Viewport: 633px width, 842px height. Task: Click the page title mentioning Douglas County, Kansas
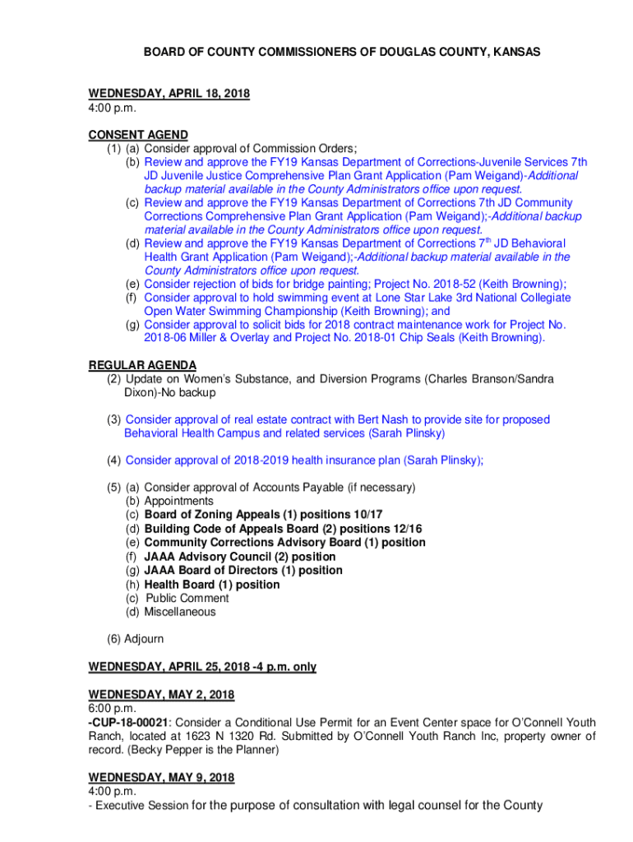pos(342,52)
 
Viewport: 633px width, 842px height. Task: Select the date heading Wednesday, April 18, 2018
pos(169,94)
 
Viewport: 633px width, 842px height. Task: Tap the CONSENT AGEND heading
pos(138,134)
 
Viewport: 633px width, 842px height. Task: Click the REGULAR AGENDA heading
pos(142,365)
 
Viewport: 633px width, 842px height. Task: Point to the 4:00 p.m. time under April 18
pos(112,108)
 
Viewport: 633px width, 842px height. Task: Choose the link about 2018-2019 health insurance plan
pos(304,460)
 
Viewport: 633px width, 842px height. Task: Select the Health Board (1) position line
pos(211,585)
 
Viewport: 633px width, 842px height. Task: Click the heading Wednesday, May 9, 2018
pos(161,777)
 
